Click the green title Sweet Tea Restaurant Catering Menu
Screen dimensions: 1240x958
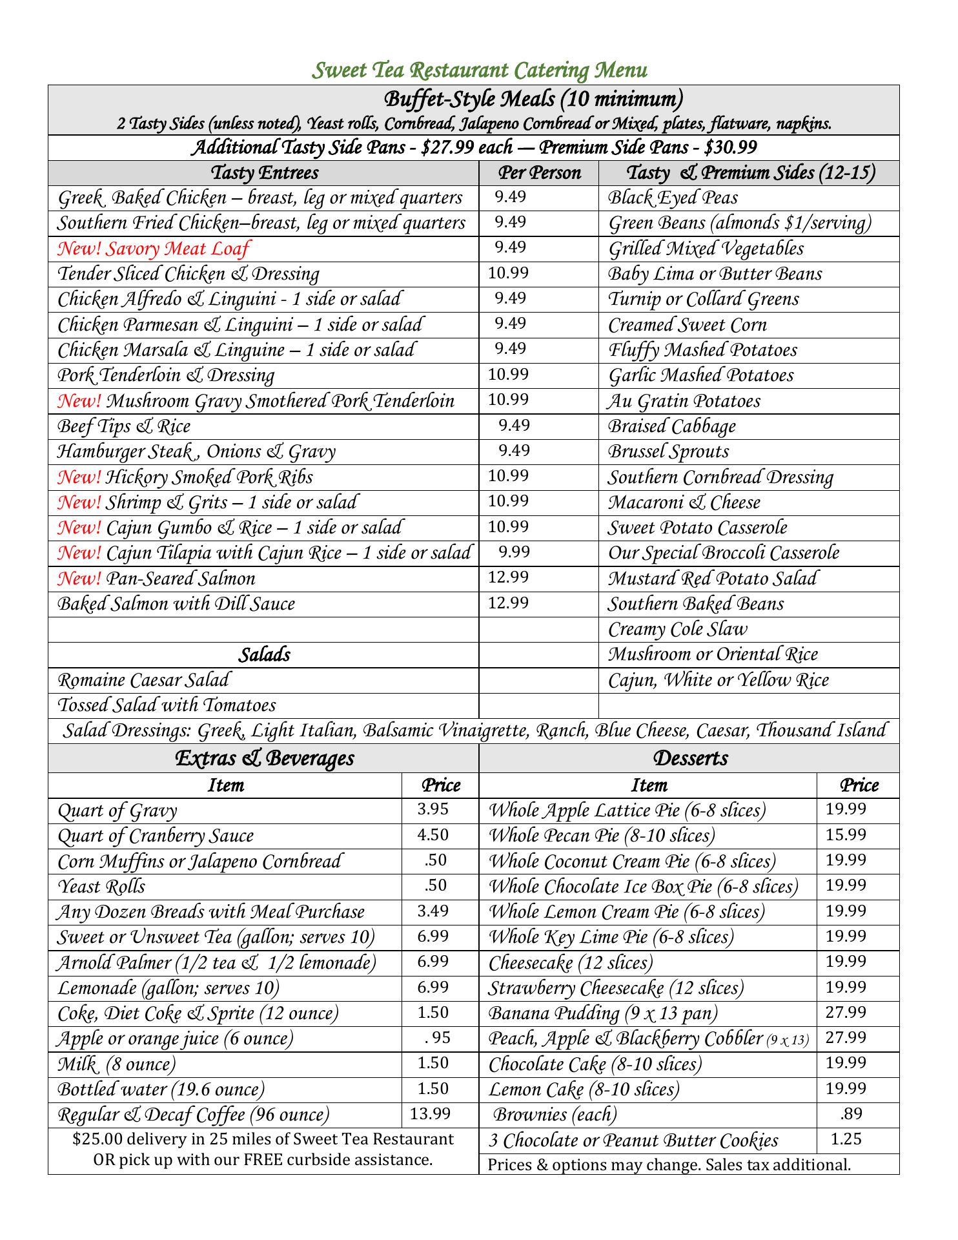[x=479, y=70]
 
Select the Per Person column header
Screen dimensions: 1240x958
[x=539, y=173]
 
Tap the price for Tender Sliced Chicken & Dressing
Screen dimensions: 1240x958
[x=508, y=273]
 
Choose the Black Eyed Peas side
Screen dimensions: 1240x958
[x=673, y=198]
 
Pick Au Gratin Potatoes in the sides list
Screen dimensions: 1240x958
[x=684, y=401]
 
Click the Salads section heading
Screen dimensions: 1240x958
[x=264, y=655]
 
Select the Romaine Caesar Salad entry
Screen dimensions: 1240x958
[x=143, y=680]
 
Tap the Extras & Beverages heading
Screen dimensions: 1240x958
[x=264, y=758]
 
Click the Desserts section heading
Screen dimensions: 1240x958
[x=690, y=758]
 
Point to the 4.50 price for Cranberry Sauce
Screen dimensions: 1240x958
[x=433, y=835]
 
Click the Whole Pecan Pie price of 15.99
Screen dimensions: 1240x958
[x=846, y=835]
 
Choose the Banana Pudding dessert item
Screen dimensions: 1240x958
[x=603, y=1013]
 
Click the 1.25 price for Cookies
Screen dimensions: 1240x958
[x=846, y=1139]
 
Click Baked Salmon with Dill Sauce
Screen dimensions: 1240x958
[x=176, y=604]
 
